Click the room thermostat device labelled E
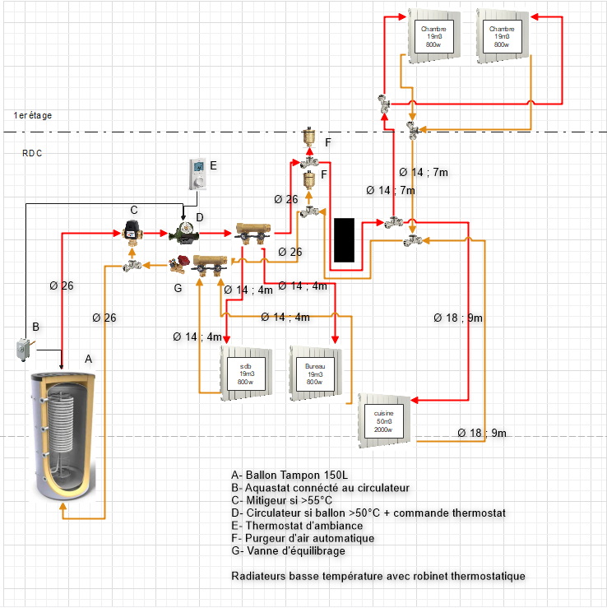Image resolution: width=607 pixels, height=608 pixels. [197, 173]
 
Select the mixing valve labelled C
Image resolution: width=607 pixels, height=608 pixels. [132, 232]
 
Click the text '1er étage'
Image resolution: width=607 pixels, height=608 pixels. [33, 115]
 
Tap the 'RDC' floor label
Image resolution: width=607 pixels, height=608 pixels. [32, 153]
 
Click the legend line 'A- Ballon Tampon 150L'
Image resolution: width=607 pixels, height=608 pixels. [290, 476]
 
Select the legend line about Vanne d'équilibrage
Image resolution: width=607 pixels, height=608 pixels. [289, 550]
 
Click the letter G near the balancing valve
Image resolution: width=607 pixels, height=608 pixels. [177, 288]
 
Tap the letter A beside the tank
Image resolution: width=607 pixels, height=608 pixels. [89, 359]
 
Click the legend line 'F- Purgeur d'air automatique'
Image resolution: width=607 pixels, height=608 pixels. [303, 538]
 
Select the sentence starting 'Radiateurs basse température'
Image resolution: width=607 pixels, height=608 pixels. [378, 576]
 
